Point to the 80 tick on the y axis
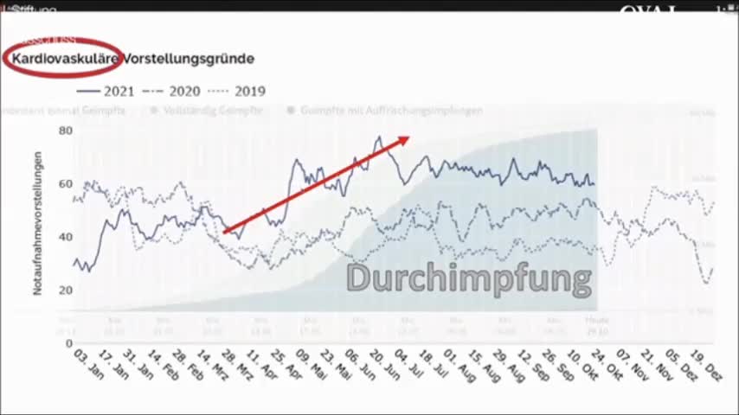click(x=66, y=131)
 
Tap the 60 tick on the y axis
click(x=66, y=183)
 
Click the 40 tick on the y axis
click(x=66, y=237)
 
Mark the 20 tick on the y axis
click(x=66, y=290)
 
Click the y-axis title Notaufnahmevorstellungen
click(x=38, y=223)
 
